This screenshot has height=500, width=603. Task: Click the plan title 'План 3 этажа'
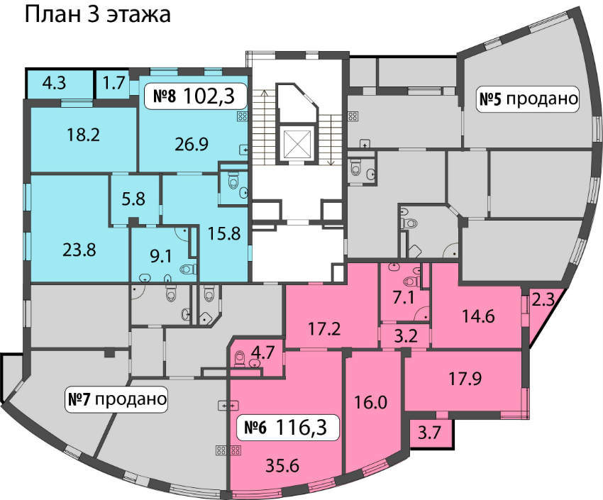coord(98,16)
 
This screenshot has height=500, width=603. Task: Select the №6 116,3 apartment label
coord(287,426)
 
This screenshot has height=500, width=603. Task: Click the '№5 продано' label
coord(528,99)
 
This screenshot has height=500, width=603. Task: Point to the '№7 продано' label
coord(117,399)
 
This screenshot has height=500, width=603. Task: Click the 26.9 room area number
coord(192,145)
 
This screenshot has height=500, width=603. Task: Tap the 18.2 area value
coord(84,135)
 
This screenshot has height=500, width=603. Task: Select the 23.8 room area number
coord(79,250)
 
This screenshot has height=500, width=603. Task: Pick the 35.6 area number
coord(282,466)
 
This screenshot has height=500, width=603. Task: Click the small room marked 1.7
coord(114,83)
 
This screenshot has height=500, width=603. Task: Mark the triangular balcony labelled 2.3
coord(541,308)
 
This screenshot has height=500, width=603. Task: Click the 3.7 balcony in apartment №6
coord(430,433)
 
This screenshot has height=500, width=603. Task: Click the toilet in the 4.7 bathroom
coord(240,358)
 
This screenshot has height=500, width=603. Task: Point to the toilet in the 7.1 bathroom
coord(411,282)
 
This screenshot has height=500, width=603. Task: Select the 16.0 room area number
coord(370,403)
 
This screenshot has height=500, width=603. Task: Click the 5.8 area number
coord(133,199)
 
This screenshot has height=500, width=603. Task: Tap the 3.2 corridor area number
coord(406,336)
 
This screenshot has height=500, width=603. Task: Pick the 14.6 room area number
coord(478,316)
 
